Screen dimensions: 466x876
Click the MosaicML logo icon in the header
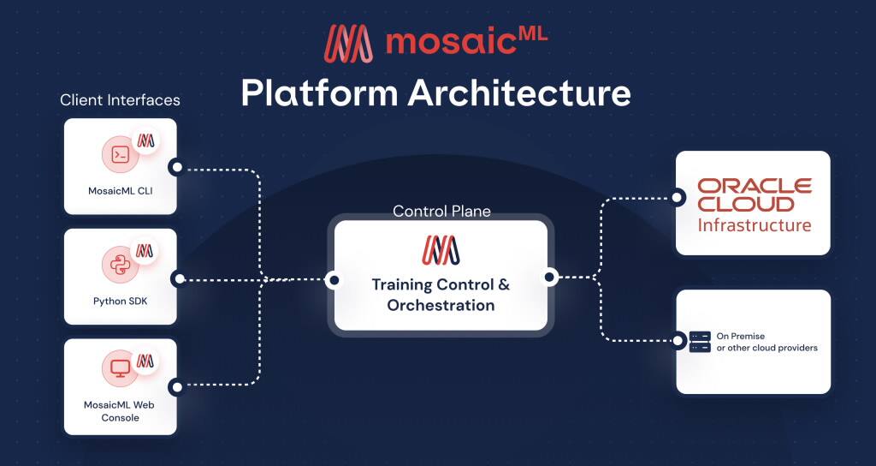[x=349, y=44]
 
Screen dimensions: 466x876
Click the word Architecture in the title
[x=519, y=92]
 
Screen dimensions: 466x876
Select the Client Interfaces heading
[x=120, y=100]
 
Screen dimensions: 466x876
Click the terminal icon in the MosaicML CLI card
[x=121, y=155]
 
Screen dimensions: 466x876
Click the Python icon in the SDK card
[x=121, y=265]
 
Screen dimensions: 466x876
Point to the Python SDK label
[x=121, y=301]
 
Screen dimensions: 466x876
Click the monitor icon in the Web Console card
[x=121, y=368]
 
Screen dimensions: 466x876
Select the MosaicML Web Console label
[x=120, y=410]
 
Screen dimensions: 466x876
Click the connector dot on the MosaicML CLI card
[x=175, y=167]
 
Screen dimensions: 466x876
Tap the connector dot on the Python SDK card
[x=178, y=278]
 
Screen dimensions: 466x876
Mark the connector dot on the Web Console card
[x=175, y=386]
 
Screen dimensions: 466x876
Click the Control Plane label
[x=441, y=211]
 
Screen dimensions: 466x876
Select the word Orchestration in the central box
[x=441, y=305]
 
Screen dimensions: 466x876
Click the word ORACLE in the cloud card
[x=754, y=186]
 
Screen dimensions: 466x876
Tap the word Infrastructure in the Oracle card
[x=754, y=225]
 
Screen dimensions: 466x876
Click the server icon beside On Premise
[x=700, y=342]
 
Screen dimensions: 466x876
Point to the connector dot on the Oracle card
[x=678, y=198]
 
